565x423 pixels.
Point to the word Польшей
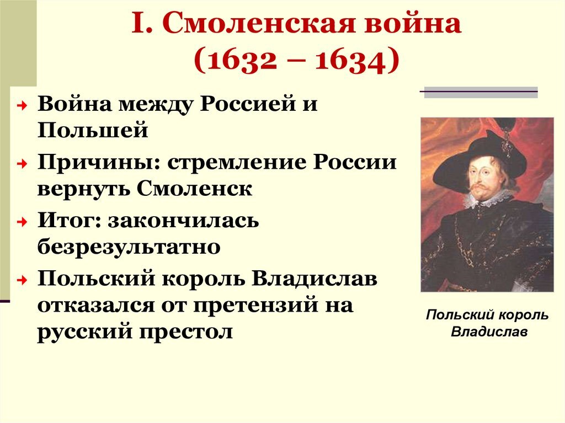click(x=93, y=131)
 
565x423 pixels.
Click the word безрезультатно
click(x=129, y=247)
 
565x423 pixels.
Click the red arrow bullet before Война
click(x=19, y=105)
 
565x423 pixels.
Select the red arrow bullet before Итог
click(x=19, y=222)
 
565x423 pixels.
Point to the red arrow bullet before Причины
click(x=19, y=164)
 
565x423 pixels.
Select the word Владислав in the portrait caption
click(x=489, y=333)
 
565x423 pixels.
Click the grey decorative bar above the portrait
click(x=480, y=94)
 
